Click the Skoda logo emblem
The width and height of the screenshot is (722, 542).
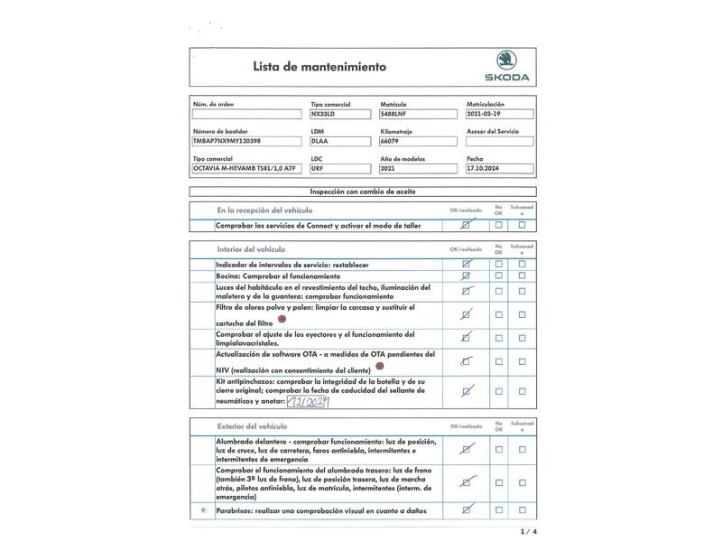pos(507,61)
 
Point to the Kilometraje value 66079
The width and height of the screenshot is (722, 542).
pos(391,142)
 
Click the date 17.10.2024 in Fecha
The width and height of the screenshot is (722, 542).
pos(487,169)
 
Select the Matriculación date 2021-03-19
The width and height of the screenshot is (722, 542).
pos(488,115)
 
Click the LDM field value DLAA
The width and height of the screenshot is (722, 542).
pos(319,142)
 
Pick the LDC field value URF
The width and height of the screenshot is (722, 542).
pos(318,169)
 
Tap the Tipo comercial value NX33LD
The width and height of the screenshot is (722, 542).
pos(323,115)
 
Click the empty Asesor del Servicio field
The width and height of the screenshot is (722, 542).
pos(499,142)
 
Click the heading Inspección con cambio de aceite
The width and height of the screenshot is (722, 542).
pos(362,192)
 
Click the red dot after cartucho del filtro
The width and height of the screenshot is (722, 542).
pos(282,320)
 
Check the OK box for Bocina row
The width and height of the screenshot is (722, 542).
pos(466,276)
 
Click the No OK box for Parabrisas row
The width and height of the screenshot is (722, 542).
pos(498,511)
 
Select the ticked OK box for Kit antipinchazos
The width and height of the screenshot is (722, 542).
pos(467,392)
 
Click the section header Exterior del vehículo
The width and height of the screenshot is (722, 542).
pos(253,425)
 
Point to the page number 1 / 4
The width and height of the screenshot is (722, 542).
pos(529,531)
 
